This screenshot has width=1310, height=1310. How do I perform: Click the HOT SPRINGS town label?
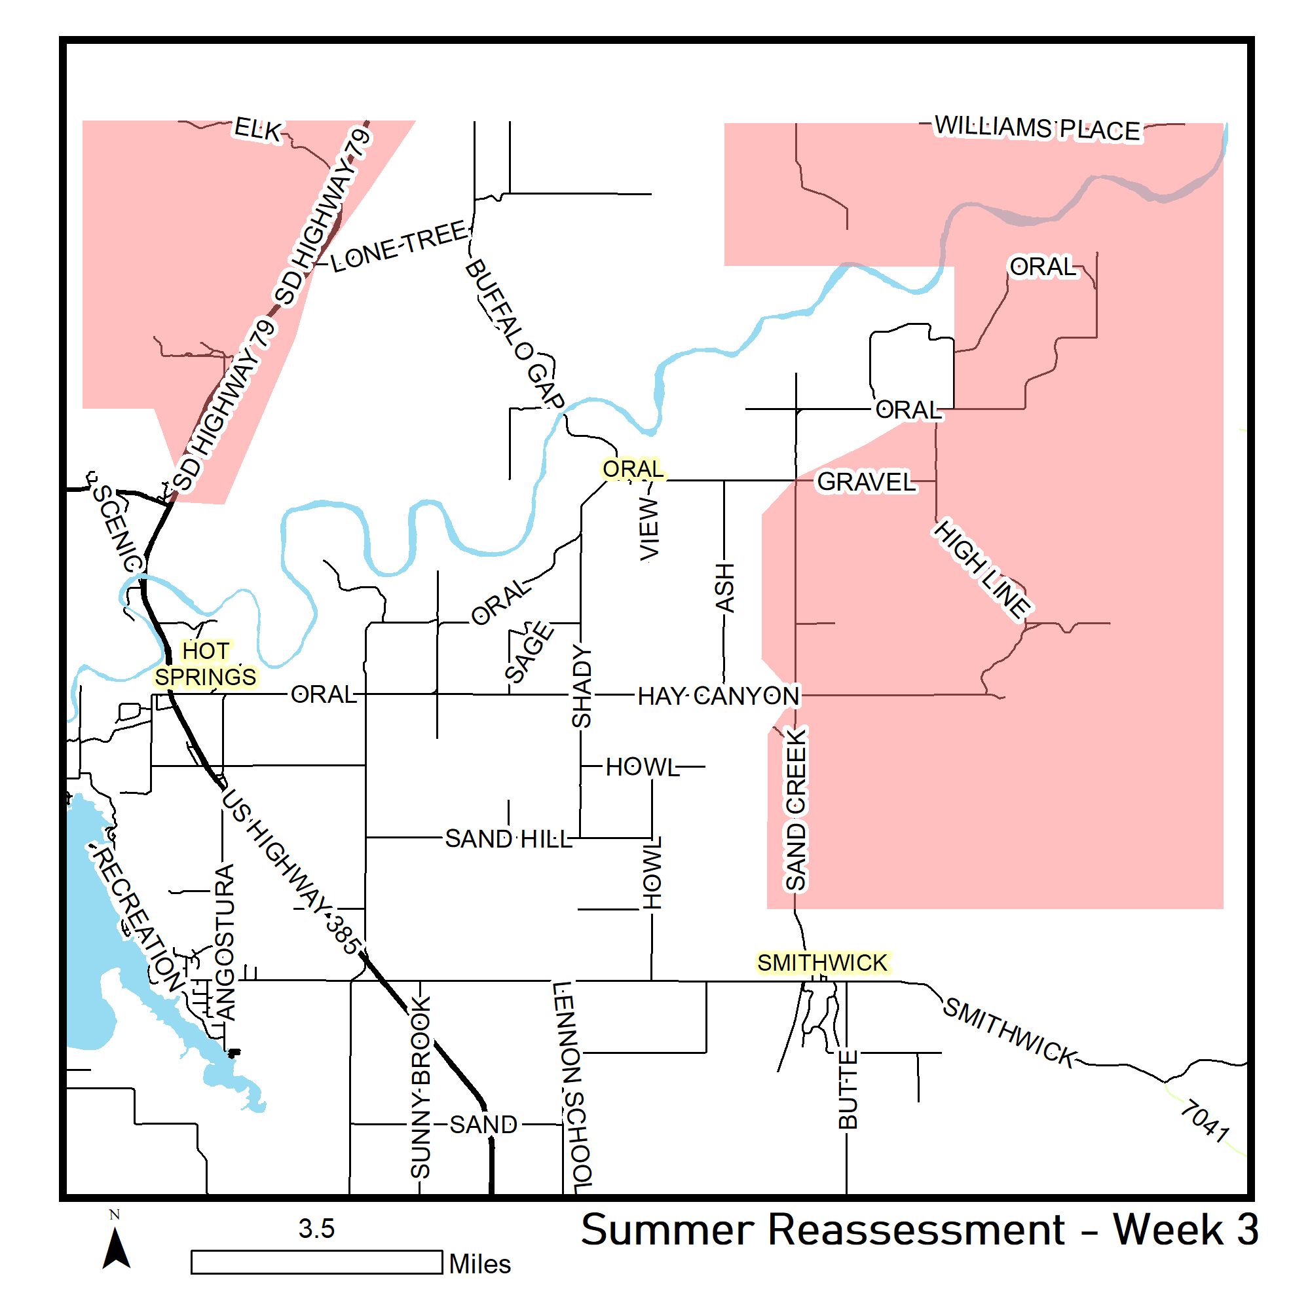(x=206, y=664)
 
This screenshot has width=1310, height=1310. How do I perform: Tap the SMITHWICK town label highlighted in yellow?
(x=822, y=963)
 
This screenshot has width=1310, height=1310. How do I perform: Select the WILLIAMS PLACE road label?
(x=1038, y=128)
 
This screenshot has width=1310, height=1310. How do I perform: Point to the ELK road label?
(x=257, y=129)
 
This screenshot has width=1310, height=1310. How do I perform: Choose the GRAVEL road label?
(x=866, y=482)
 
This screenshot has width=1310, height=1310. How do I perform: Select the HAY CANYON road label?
(x=719, y=696)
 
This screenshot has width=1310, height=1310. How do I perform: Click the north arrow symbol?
(x=116, y=1248)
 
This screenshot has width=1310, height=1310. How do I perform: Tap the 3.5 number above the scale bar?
(x=316, y=1229)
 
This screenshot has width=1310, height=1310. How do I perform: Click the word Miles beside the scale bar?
(x=480, y=1264)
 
